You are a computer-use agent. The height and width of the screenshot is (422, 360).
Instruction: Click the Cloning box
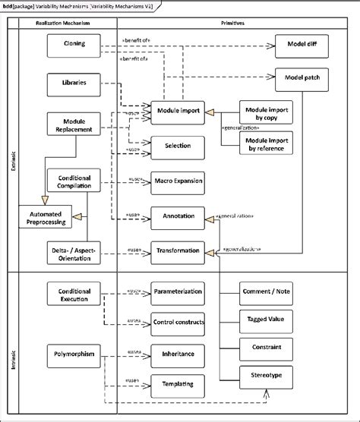(x=74, y=45)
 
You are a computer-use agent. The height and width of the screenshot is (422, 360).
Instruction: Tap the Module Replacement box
(x=74, y=124)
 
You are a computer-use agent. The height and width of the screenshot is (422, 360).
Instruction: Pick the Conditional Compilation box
(x=74, y=181)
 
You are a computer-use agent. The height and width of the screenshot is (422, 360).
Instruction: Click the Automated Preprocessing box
(x=46, y=217)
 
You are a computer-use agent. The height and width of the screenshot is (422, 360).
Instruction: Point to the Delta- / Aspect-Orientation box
(x=74, y=254)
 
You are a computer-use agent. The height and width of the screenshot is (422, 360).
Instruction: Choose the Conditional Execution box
(x=74, y=295)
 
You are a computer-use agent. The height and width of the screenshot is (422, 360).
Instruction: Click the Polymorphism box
(x=74, y=354)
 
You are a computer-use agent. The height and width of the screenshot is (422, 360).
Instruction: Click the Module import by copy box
(x=268, y=113)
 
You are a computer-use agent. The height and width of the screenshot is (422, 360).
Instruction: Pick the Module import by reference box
(x=268, y=143)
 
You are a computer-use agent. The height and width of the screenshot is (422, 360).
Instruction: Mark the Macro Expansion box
(x=178, y=181)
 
